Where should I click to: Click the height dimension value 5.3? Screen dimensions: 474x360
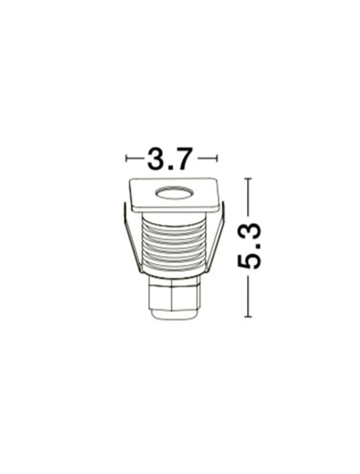(x=249, y=246)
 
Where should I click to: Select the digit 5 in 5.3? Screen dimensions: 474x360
(x=249, y=260)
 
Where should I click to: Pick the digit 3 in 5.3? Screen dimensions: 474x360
(x=249, y=232)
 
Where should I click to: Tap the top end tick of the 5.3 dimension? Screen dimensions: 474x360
(x=248, y=178)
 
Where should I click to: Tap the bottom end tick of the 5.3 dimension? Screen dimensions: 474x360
(x=248, y=317)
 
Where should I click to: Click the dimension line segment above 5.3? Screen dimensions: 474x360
(x=248, y=200)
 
